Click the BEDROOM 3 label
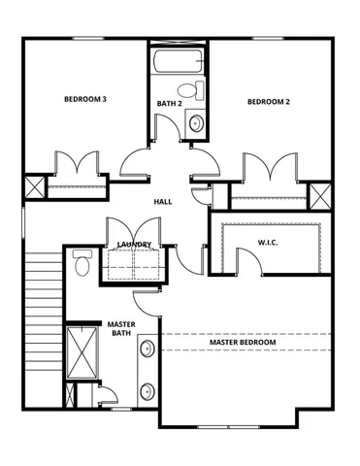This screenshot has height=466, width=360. click(85, 99)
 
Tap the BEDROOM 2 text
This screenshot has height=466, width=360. click(269, 102)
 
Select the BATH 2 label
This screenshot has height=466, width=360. click(169, 103)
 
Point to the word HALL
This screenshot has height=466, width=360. click(163, 202)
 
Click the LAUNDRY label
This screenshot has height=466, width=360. click(133, 245)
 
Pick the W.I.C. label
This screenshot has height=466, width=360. click(269, 241)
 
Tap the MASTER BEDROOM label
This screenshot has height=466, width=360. click(243, 343)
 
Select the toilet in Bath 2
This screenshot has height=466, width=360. click(197, 90)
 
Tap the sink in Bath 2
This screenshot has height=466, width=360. click(195, 123)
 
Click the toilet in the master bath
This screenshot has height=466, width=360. click(82, 263)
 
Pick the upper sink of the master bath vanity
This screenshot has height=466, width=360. click(147, 350)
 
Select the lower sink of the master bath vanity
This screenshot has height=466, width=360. click(147, 392)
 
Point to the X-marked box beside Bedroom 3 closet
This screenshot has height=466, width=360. click(33, 187)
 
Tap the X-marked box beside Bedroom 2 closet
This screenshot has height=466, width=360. click(319, 194)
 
